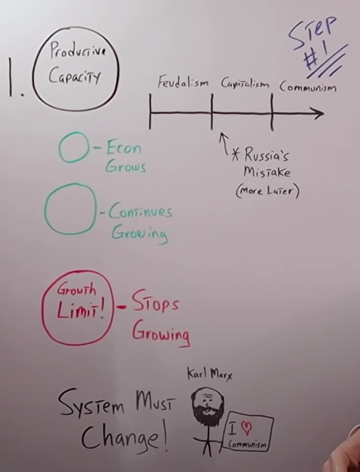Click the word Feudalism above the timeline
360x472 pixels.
click(x=183, y=82)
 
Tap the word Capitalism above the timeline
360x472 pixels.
click(x=245, y=83)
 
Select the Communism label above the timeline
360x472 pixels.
click(x=308, y=87)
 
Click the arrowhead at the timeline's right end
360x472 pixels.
click(x=319, y=113)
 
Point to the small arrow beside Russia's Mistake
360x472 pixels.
click(x=224, y=143)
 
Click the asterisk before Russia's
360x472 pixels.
click(x=236, y=155)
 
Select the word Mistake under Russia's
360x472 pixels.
click(x=267, y=172)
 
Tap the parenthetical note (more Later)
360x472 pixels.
click(x=267, y=191)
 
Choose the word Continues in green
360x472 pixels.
click(x=141, y=211)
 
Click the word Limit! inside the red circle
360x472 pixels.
click(x=80, y=310)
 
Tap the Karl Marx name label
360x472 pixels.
click(x=210, y=374)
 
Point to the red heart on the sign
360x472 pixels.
click(x=247, y=428)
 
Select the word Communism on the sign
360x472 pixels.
click(x=247, y=444)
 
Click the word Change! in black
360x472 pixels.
click(x=124, y=436)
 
